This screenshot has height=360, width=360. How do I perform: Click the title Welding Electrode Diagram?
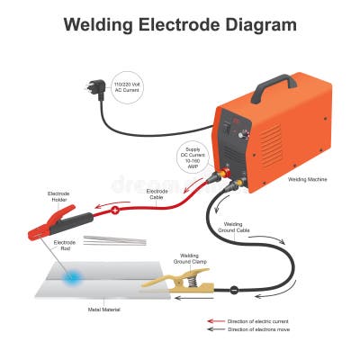180,24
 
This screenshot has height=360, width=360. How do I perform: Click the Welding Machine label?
307,180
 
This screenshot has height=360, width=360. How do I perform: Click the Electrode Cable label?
157,192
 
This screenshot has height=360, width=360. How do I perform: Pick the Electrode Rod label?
65,243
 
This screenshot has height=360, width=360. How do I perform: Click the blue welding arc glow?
70,281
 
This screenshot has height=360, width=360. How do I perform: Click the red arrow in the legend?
215,321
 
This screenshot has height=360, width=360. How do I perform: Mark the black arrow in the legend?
215,330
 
